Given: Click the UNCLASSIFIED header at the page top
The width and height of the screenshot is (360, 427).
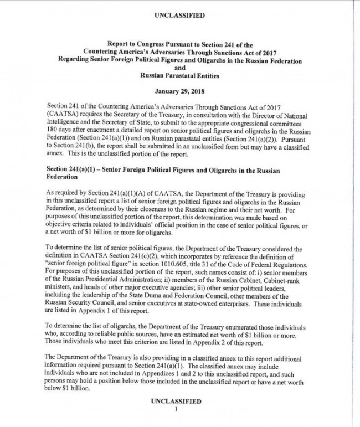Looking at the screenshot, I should coord(179,16).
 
